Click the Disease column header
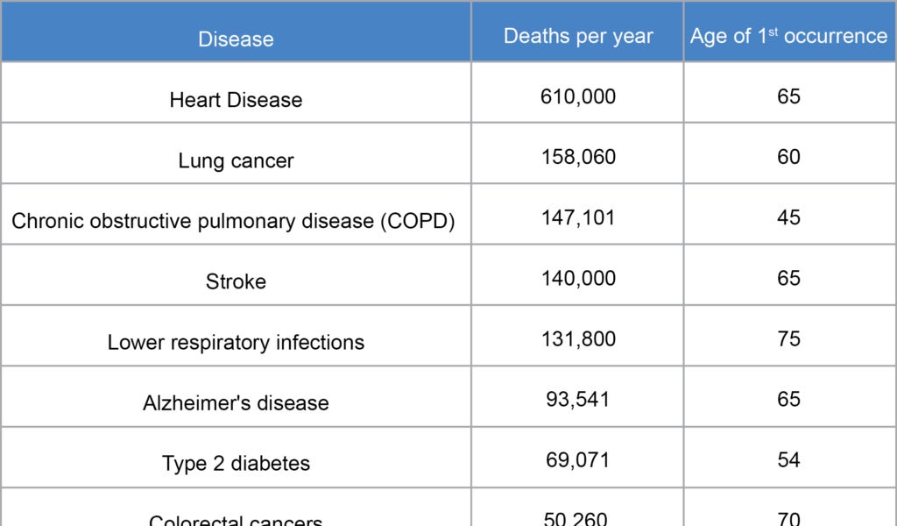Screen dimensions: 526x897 [236, 39]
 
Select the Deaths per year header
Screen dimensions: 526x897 [578, 36]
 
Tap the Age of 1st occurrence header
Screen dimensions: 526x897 [788, 36]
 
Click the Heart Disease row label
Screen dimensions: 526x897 [236, 100]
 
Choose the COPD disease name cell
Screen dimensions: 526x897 [233, 221]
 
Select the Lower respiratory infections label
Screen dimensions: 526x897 [236, 342]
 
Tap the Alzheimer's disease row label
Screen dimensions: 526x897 [236, 403]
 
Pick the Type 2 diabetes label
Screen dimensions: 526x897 [236, 464]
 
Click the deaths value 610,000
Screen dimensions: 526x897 [578, 96]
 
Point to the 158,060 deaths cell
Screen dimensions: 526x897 [578, 157]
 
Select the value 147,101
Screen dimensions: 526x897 [578, 217]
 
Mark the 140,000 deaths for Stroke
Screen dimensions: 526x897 [578, 278]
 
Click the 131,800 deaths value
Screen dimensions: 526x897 [578, 338]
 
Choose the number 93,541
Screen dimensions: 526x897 [578, 399]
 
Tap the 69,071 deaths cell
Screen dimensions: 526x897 [578, 459]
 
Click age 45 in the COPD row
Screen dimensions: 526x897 [788, 217]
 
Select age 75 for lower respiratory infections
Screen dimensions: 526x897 [788, 338]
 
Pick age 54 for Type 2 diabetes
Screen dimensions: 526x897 [788, 459]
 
